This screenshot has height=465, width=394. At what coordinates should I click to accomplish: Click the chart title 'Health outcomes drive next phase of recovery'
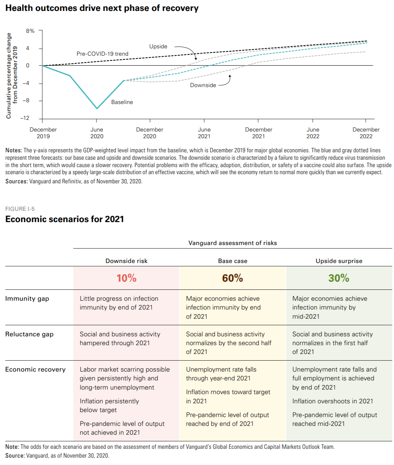[102, 8]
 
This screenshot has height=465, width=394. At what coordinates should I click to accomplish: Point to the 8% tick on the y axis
[30, 31]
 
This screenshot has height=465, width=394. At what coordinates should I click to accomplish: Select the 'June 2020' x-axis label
[97, 133]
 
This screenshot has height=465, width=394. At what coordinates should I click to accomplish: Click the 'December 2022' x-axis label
[366, 133]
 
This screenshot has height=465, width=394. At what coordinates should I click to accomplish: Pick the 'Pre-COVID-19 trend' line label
[102, 54]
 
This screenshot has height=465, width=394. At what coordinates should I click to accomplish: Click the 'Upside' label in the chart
[158, 47]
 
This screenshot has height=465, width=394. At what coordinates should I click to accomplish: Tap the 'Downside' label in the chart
[203, 85]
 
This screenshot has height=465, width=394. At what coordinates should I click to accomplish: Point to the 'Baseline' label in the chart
[122, 102]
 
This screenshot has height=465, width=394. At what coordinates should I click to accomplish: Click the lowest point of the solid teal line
[97, 108]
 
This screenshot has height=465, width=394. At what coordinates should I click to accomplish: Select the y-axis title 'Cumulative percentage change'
[9, 75]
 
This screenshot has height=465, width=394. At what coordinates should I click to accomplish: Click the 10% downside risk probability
[126, 278]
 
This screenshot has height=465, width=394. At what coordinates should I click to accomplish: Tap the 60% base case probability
[232, 278]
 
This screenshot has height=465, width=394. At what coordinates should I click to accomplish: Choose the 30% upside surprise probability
[339, 278]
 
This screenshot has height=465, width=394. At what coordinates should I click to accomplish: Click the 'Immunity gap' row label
[27, 299]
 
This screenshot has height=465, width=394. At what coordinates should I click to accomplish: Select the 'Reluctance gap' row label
[29, 334]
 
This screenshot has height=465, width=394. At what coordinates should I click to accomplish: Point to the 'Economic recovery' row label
[35, 369]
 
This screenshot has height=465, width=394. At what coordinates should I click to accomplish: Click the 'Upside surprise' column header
[339, 261]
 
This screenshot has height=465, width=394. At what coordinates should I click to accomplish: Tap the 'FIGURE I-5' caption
[20, 209]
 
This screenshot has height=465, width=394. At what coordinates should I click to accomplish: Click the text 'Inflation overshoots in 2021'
[332, 401]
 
